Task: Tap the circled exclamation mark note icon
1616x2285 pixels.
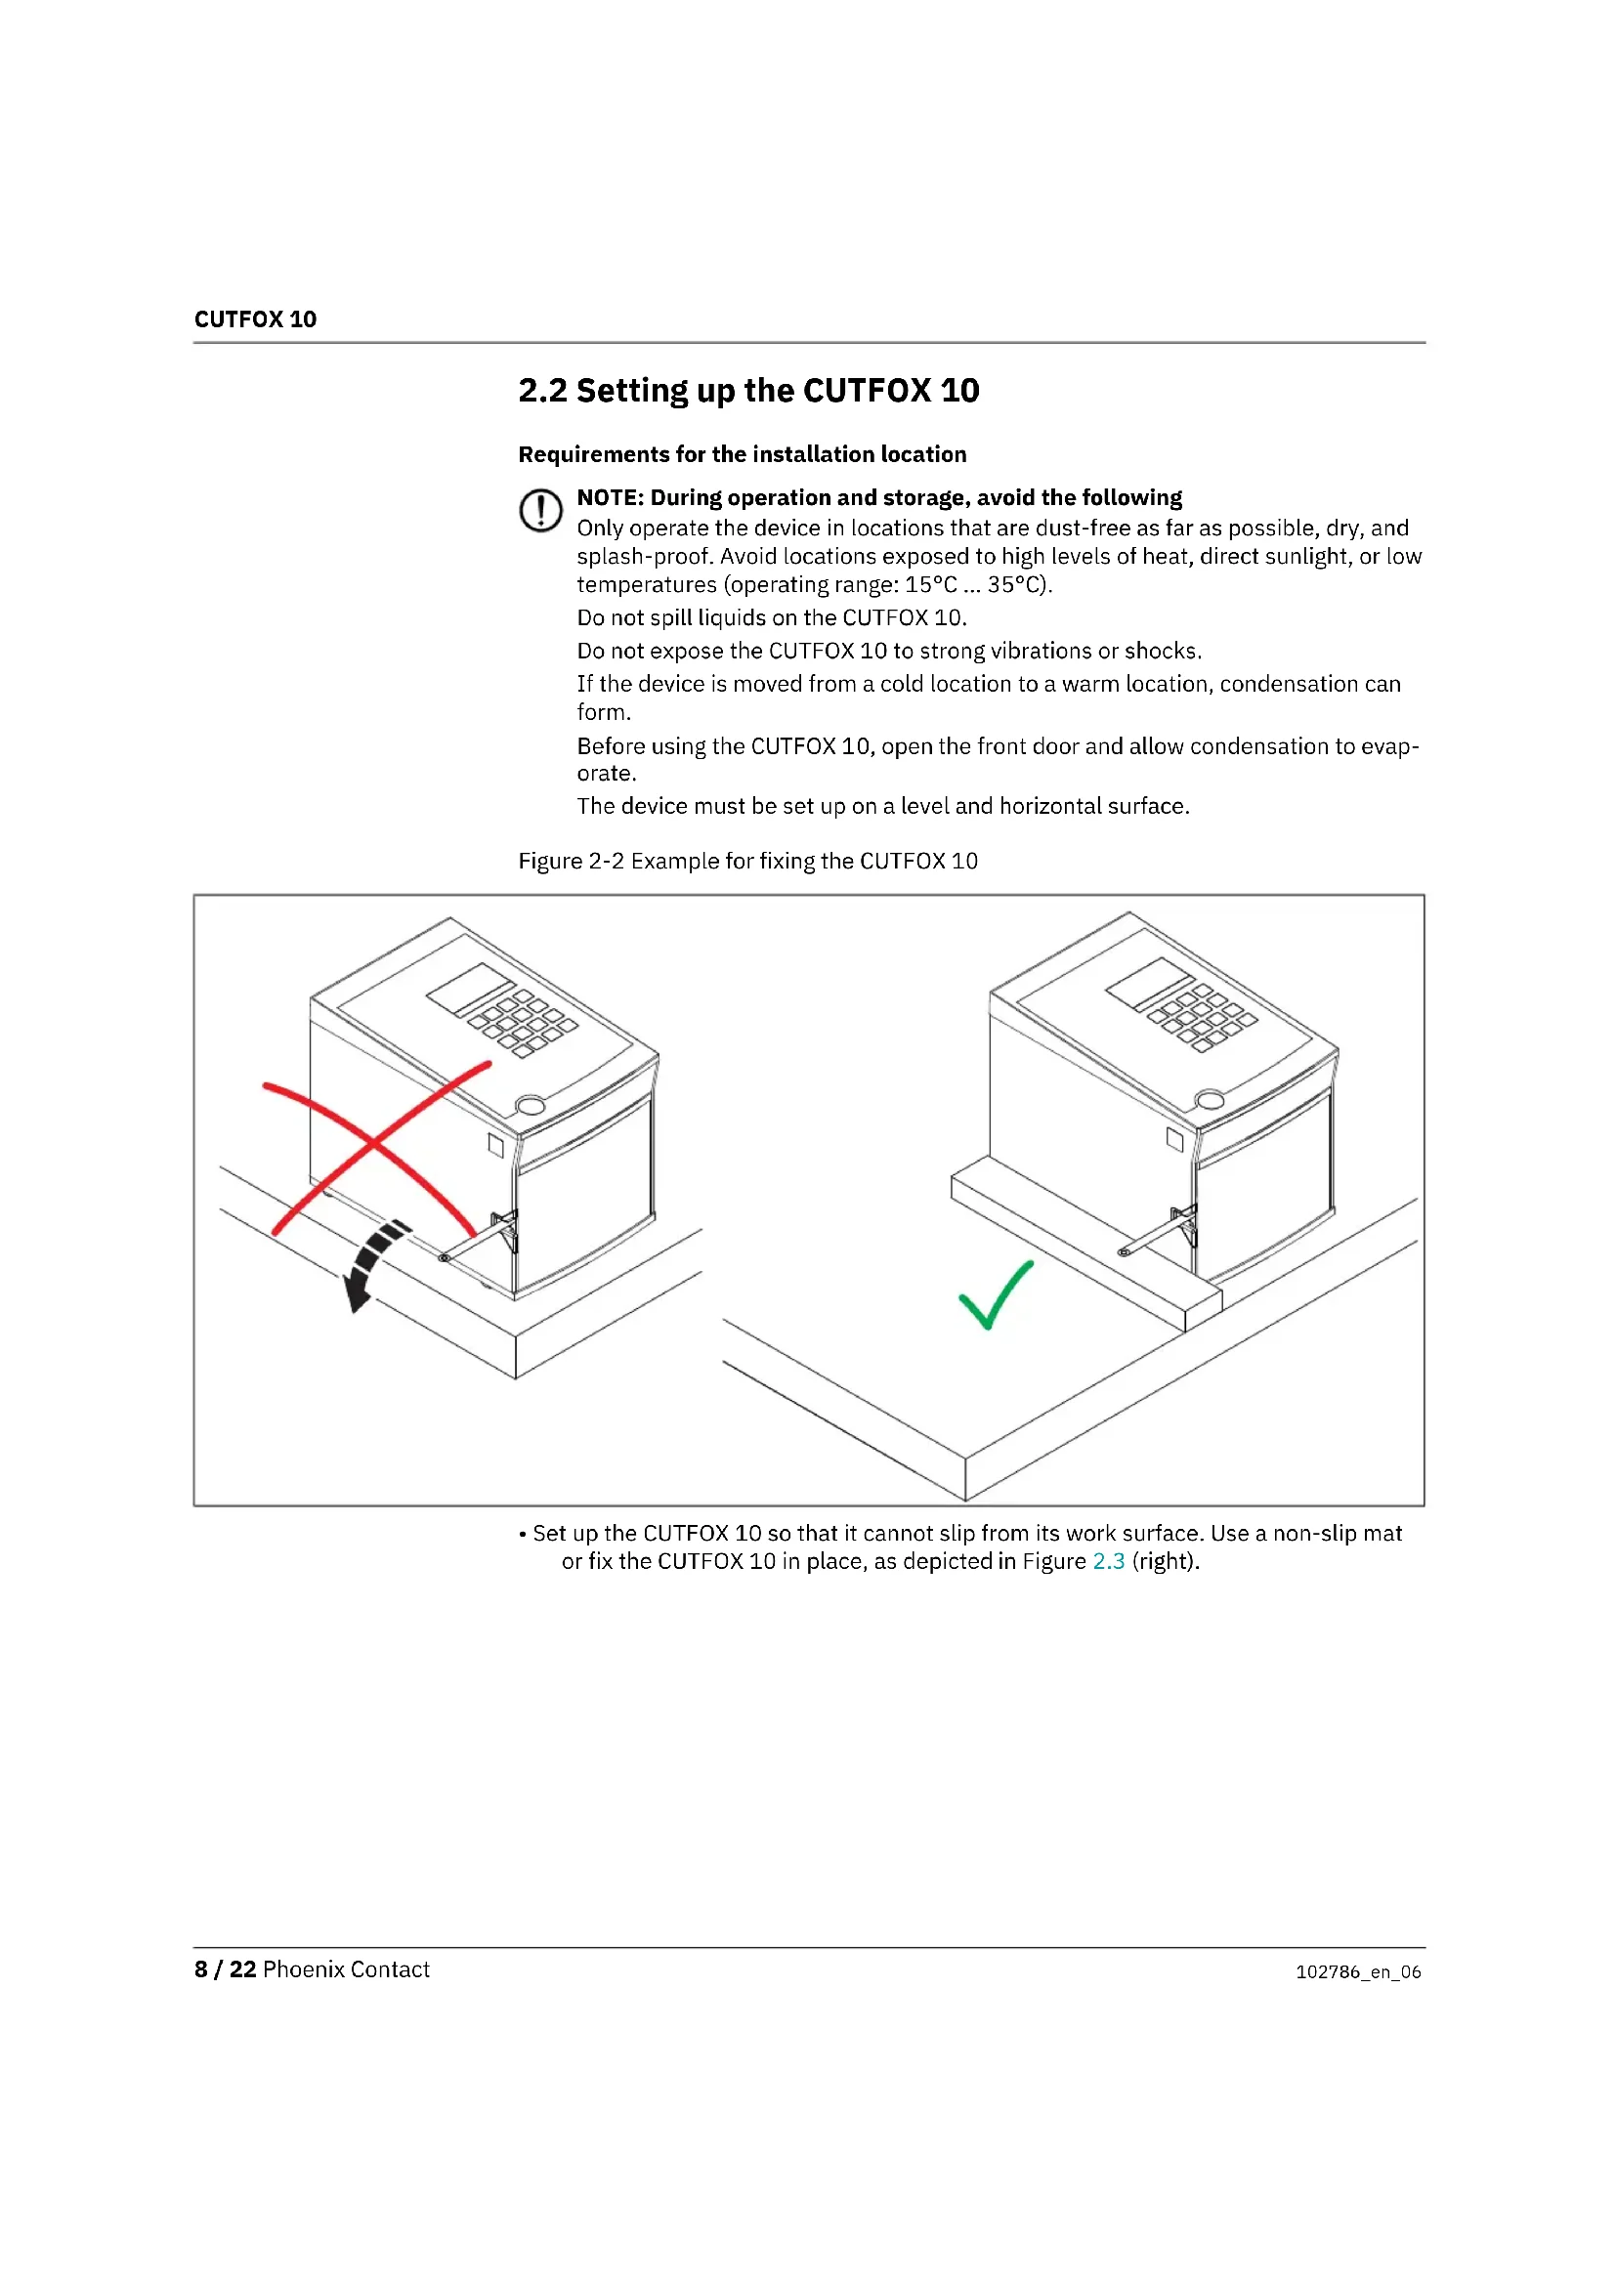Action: [x=540, y=511]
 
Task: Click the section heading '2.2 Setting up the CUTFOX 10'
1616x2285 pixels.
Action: [x=748, y=390]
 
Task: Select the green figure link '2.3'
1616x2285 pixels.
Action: [x=1109, y=1560]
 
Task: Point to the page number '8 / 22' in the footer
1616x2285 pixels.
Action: [x=225, y=1969]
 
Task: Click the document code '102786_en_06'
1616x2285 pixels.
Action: [x=1358, y=1971]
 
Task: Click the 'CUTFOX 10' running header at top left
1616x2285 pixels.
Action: [x=255, y=319]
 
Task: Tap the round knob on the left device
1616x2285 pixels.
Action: [x=532, y=1105]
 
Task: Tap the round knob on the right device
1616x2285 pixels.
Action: [x=1210, y=1100]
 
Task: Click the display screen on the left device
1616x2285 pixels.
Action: [x=471, y=988]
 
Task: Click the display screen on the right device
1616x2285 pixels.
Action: [x=1149, y=984]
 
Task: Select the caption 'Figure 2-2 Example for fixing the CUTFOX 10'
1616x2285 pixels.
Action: [x=748, y=861]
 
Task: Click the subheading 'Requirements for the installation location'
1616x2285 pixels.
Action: [x=743, y=455]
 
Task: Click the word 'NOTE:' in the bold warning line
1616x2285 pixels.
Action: [x=610, y=497]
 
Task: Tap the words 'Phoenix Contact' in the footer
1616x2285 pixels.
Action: [x=346, y=1969]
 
